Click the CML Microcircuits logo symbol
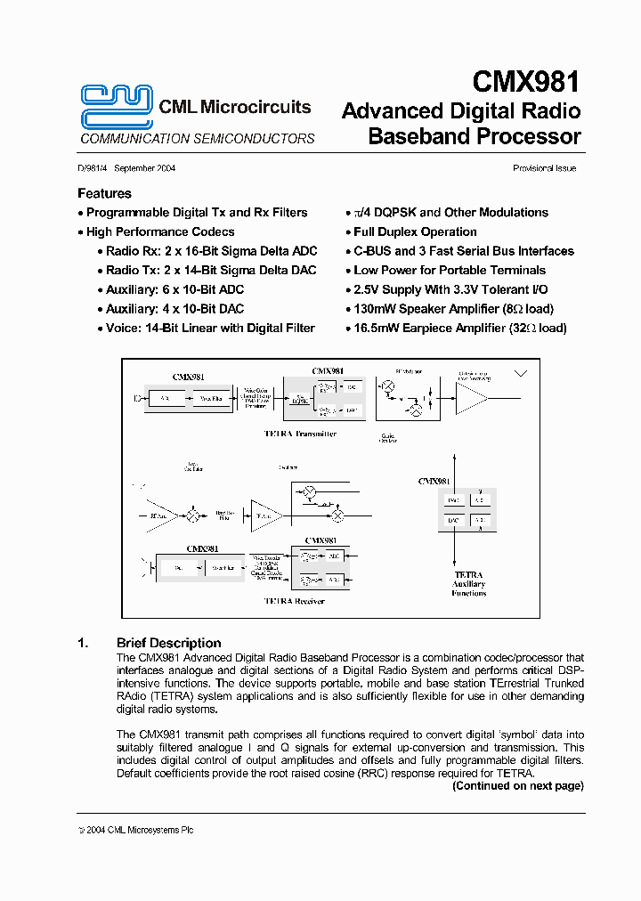coord(116,107)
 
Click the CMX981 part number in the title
coord(526,82)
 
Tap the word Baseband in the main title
coord(418,136)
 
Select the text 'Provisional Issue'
coord(544,168)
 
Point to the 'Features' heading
coord(104,193)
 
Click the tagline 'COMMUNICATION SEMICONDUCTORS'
coord(198,139)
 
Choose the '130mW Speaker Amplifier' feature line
coord(453,309)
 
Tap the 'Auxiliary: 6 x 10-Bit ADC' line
coord(174,289)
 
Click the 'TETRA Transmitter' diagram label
coord(300,434)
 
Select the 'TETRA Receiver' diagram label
coord(295,601)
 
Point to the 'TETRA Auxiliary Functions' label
coord(468,583)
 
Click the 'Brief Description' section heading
coord(168,643)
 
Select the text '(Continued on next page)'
coord(517,786)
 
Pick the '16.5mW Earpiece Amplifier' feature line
coord(459,328)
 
